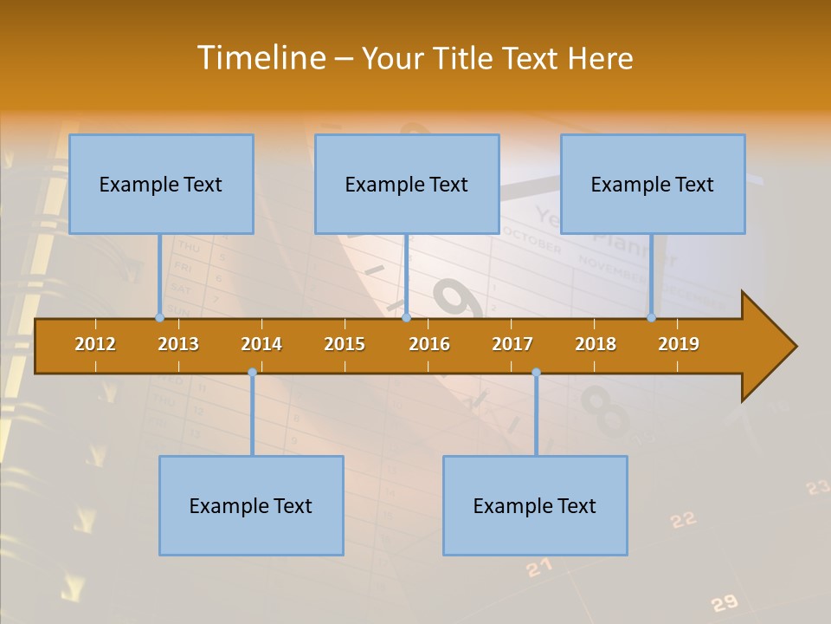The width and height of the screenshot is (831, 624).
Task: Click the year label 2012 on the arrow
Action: pos(95,344)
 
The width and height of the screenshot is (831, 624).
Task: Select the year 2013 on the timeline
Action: pos(178,344)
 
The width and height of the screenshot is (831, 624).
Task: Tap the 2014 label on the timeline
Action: pos(261,344)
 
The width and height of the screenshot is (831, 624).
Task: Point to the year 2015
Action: pos(345,344)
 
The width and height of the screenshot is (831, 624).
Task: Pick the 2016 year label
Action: pos(429,344)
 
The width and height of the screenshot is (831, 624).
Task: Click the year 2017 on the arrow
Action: pos(512,344)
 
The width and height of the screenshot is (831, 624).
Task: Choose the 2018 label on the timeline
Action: pos(596,344)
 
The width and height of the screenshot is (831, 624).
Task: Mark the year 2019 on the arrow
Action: pos(679,344)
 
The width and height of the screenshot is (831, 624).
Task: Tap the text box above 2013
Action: pos(161,184)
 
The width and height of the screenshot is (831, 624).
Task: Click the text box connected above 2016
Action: pos(407,184)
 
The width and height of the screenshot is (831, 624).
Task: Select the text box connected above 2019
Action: pos(653,184)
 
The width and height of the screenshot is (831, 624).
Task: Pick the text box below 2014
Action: pos(251,505)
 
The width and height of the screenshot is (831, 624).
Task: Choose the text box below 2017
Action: pos(535,505)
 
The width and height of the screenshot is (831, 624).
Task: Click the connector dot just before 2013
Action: pos(159,318)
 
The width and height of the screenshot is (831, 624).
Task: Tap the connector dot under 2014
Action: pos(252,372)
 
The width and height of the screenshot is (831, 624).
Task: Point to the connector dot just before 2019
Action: pos(651,318)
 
